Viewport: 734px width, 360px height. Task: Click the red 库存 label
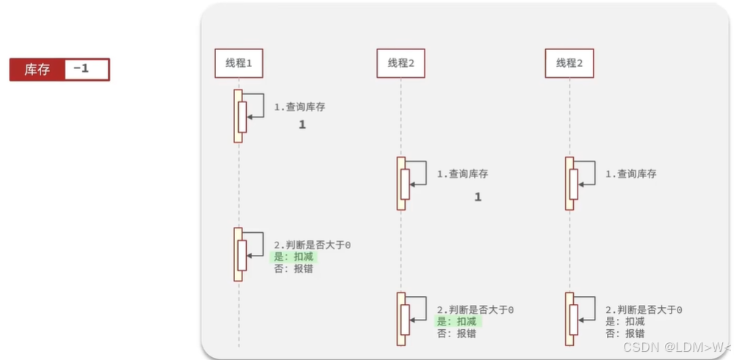(x=37, y=70)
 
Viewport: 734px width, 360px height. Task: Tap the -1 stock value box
(x=87, y=70)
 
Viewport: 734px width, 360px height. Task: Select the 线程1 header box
(x=239, y=63)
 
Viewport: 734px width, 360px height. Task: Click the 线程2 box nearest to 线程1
(x=400, y=63)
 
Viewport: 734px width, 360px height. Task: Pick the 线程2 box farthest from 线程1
(x=569, y=63)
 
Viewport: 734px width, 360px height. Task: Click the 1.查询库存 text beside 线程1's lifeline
(x=300, y=107)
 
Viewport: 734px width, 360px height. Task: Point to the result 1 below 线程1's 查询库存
(x=301, y=126)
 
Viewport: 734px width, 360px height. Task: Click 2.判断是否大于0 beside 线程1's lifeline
(x=312, y=245)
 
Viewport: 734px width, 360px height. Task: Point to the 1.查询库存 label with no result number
(x=630, y=174)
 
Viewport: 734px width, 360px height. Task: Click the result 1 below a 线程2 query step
(x=478, y=197)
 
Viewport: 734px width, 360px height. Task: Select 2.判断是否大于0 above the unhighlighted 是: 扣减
(x=644, y=310)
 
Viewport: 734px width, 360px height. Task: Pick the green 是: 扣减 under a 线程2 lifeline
(x=456, y=322)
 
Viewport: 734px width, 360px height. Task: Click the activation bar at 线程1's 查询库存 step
(x=238, y=115)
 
